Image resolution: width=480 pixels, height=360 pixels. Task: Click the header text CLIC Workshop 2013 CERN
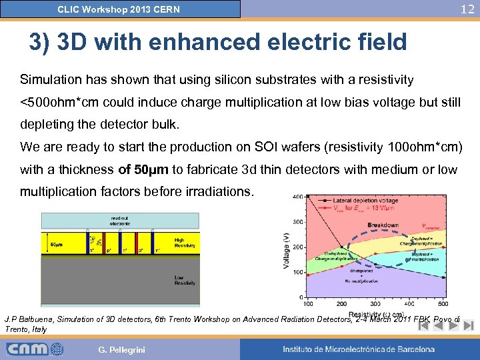[x=119, y=9]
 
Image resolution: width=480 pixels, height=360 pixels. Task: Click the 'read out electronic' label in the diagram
[x=119, y=222]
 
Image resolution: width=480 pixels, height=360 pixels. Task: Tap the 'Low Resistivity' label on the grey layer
[x=184, y=280]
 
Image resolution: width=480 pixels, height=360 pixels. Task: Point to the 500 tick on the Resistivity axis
[x=443, y=304]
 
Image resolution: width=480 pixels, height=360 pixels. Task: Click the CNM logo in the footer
[x=35, y=349]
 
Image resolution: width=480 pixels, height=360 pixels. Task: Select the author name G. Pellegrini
[x=121, y=349]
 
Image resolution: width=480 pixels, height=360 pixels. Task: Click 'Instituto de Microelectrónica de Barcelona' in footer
[x=358, y=349]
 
